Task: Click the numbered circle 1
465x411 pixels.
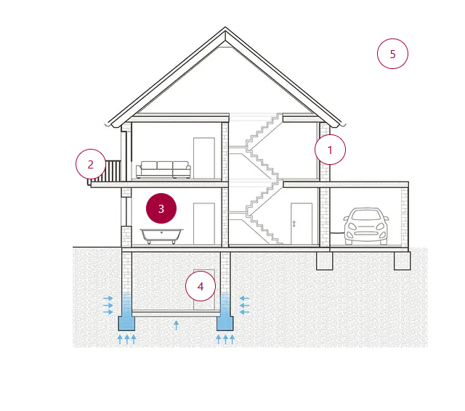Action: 330,150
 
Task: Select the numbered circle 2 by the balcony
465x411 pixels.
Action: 91,164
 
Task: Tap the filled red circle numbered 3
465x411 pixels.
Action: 161,208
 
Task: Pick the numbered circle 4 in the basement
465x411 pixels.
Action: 201,286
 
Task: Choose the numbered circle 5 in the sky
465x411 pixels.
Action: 392,54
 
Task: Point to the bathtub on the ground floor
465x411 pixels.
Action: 161,235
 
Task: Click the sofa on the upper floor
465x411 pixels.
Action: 163,169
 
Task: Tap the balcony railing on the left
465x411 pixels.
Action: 111,171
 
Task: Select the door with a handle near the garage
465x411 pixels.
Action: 301,224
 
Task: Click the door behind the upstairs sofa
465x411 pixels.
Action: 204,156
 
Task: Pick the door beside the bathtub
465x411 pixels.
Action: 204,224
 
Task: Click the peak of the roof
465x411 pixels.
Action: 225,30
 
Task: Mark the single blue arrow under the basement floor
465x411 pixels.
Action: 176,325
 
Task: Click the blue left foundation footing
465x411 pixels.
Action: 127,322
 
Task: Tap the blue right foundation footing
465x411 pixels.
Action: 225,322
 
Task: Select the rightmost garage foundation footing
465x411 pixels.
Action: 402,260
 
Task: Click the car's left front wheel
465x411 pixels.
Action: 352,239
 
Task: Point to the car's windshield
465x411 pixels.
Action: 367,216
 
